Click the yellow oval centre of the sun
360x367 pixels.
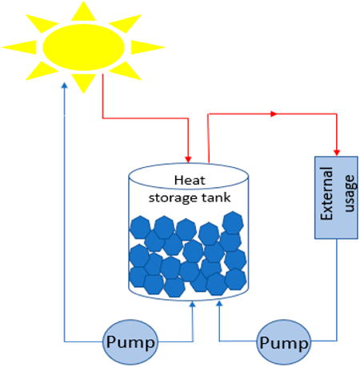click(x=84, y=46)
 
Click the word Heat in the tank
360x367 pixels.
click(x=189, y=181)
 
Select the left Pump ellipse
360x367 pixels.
click(x=132, y=342)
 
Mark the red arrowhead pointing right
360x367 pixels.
click(x=274, y=114)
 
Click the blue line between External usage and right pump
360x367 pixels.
click(x=336, y=288)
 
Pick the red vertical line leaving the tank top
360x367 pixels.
click(x=208, y=136)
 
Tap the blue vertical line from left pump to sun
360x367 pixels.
click(x=64, y=216)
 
